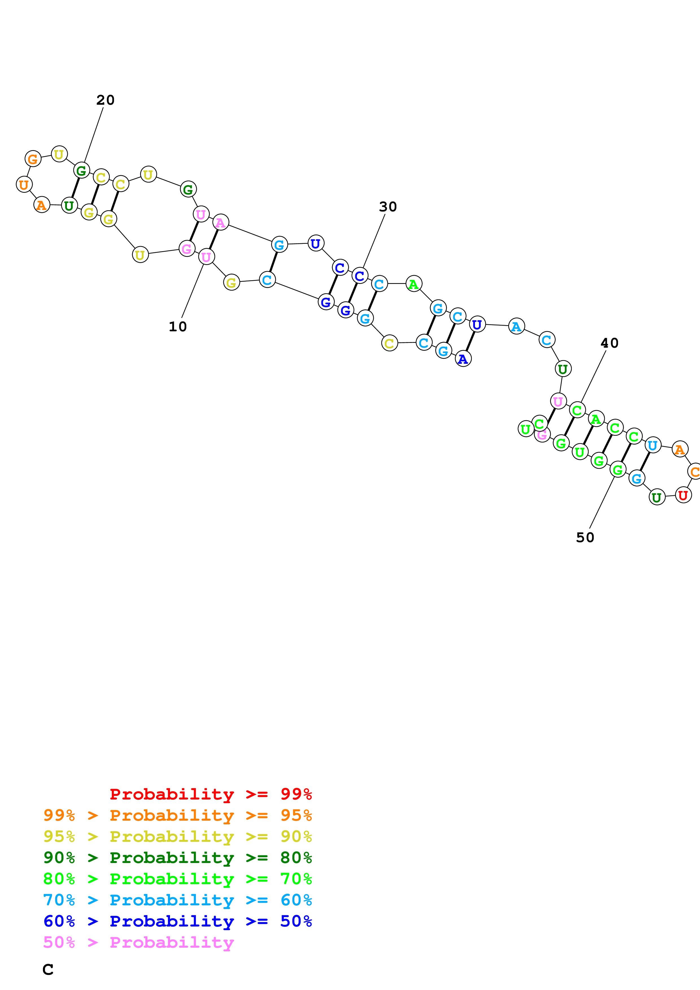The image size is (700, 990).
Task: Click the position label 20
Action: point(105,100)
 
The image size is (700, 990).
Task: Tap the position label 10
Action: point(178,327)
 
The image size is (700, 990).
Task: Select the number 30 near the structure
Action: point(388,207)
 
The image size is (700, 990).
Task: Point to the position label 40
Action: point(609,343)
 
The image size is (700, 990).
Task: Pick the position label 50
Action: point(585,537)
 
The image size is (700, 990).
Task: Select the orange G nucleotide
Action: point(33,159)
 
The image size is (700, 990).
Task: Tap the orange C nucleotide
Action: point(694,471)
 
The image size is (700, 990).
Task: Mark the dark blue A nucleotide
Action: point(463,359)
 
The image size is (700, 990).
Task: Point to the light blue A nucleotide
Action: point(516,327)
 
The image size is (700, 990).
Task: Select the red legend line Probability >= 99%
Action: point(210,794)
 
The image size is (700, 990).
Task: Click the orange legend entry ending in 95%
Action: point(178,815)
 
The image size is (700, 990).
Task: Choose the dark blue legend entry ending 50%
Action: point(178,921)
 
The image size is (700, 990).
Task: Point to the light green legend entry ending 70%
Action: point(178,879)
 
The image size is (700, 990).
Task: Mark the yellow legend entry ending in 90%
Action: point(178,836)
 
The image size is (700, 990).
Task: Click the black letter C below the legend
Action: point(48,969)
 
